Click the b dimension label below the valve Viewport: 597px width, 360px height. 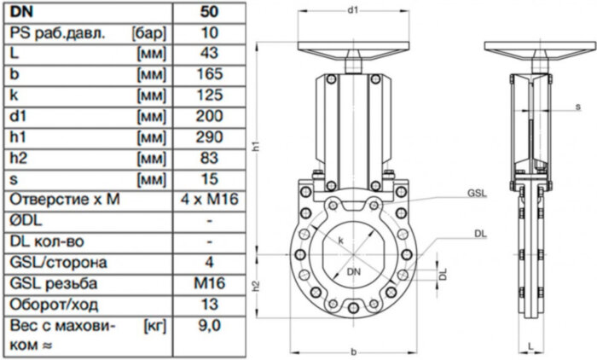(352, 353)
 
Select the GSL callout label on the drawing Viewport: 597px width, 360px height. (476, 194)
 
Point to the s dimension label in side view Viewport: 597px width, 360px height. (578, 107)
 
